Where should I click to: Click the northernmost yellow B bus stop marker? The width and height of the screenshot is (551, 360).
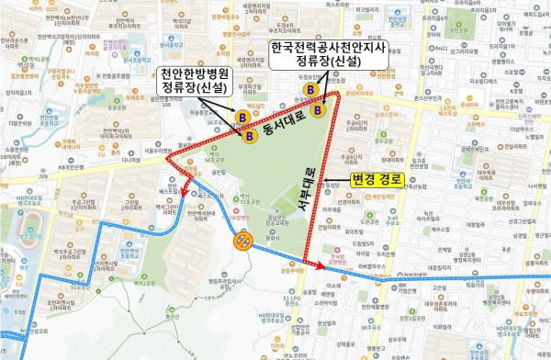point(312,89)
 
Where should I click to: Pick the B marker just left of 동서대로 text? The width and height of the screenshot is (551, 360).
point(250,135)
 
